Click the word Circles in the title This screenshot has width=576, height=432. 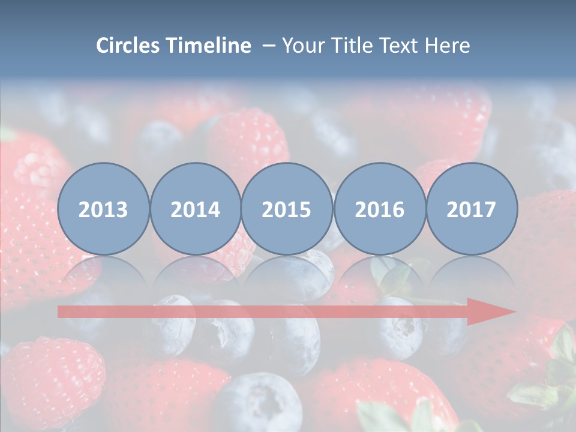[x=129, y=46]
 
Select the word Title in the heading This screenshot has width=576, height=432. [x=352, y=46]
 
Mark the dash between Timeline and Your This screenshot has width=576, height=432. [x=268, y=46]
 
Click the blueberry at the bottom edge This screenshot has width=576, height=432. [x=258, y=402]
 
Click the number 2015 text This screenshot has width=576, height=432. [x=287, y=210]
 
